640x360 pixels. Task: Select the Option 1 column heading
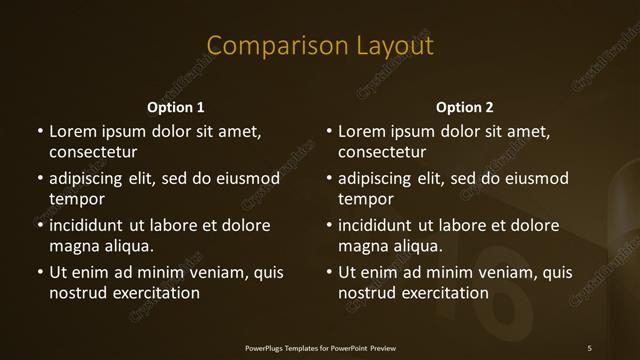176,107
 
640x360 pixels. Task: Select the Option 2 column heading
465,107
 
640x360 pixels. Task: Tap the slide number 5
589,348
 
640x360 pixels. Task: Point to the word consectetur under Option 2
382,153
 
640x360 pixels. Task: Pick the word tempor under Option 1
73,199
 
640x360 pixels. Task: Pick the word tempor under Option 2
362,199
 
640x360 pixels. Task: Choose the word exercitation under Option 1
153,293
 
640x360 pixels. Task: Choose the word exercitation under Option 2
442,293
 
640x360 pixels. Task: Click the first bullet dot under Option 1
40,131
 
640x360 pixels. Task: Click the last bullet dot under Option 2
329,272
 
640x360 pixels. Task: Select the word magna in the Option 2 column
362,246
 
